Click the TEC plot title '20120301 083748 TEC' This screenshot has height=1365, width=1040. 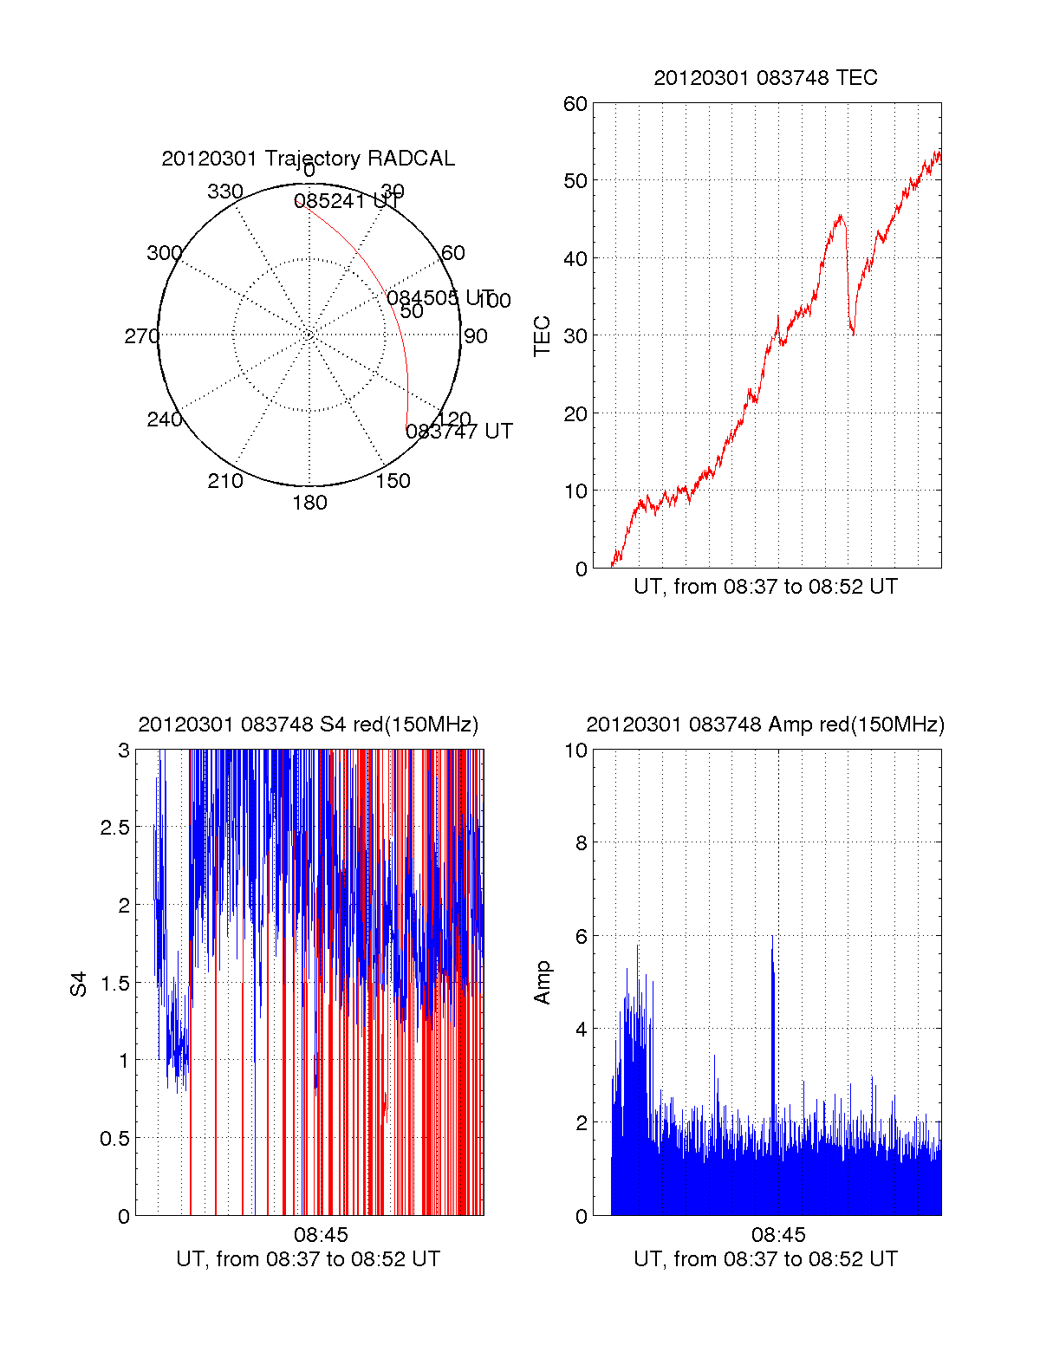[765, 78]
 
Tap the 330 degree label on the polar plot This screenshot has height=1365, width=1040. [224, 192]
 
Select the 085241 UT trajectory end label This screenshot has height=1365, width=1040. [347, 202]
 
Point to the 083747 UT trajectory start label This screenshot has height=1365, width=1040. [459, 432]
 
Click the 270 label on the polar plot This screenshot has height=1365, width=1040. [141, 336]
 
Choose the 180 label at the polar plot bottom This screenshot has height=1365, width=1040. [309, 503]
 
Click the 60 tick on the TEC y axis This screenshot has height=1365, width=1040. [575, 104]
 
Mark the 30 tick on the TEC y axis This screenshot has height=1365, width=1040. [575, 336]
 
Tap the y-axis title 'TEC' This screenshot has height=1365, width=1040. [543, 336]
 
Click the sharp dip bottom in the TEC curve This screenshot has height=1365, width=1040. [853, 333]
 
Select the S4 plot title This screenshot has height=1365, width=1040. [308, 725]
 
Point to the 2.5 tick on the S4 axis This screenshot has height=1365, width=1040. [114, 828]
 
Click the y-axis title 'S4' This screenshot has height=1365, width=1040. [79, 984]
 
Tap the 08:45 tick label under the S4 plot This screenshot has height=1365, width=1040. [320, 1235]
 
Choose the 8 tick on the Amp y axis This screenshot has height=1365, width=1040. [582, 843]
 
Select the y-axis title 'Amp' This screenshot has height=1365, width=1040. [543, 983]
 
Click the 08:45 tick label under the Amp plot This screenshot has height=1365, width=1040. [778, 1235]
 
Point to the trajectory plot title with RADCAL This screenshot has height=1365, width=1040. [308, 159]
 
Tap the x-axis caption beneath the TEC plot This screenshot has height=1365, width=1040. [765, 587]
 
